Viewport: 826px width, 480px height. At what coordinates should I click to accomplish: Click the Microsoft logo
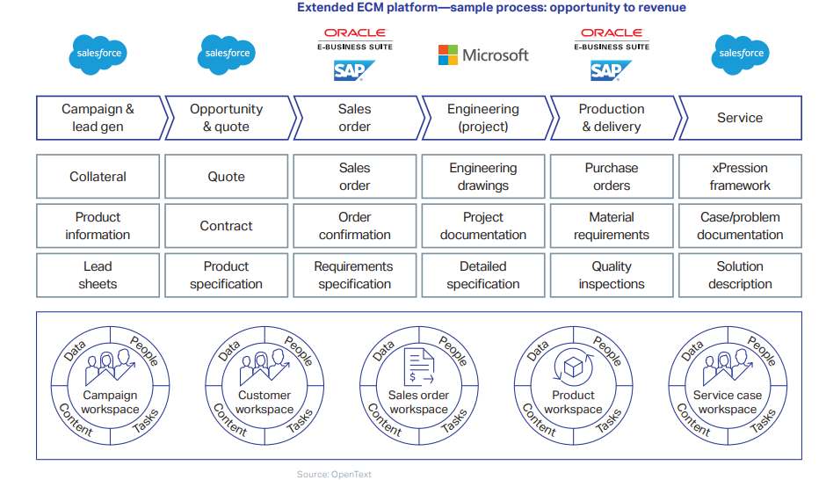(483, 55)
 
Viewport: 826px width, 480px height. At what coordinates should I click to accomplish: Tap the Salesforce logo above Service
(740, 54)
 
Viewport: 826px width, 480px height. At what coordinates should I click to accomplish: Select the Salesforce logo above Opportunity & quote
(227, 54)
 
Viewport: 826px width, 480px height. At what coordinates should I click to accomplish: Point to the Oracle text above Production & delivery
(612, 33)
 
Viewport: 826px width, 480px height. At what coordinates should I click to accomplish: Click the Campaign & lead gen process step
(98, 118)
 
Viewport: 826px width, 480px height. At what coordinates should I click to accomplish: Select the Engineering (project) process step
(483, 118)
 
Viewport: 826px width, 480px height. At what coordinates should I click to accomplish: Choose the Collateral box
(98, 177)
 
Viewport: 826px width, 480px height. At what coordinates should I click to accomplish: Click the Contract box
(227, 226)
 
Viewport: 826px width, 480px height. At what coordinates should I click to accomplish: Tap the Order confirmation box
(355, 226)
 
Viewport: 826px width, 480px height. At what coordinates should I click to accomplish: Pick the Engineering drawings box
(483, 177)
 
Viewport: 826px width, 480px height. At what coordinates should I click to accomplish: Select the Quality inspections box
(612, 275)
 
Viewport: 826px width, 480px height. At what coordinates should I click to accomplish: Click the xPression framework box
(740, 177)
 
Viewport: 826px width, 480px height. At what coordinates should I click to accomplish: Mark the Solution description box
(740, 275)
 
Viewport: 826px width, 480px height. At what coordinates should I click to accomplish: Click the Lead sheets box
(98, 275)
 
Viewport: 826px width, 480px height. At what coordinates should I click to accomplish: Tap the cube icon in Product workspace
(574, 367)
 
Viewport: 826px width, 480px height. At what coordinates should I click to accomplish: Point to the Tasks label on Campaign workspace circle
(146, 421)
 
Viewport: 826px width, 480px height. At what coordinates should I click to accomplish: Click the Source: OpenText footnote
(334, 475)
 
